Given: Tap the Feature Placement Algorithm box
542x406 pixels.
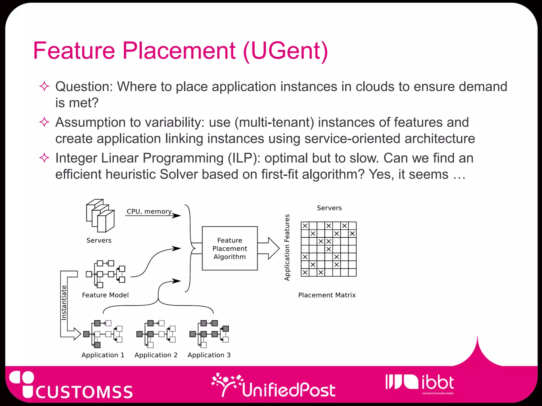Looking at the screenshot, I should coord(230,248).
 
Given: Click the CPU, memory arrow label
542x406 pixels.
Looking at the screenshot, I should coord(149,211).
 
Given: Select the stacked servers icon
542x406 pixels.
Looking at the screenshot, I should coord(100,216).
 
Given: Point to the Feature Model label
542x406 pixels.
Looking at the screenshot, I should coord(105,295).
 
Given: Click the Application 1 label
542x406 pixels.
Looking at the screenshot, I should coord(103,355).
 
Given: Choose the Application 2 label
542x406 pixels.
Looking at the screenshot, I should coord(156,355).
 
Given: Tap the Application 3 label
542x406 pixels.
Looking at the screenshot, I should coord(209,355).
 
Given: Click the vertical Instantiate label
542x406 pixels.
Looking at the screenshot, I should coord(64,303).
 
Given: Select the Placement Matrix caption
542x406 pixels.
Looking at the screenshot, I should coord(327,295).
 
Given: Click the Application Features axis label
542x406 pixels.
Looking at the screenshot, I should coord(287,247).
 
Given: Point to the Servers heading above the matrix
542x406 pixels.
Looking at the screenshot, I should coord(329,208).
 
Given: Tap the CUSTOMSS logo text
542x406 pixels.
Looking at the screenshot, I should coord(84,392).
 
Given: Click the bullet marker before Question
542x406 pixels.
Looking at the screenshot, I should coord(44,86).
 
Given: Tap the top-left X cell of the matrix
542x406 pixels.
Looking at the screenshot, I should coord(305,226).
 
